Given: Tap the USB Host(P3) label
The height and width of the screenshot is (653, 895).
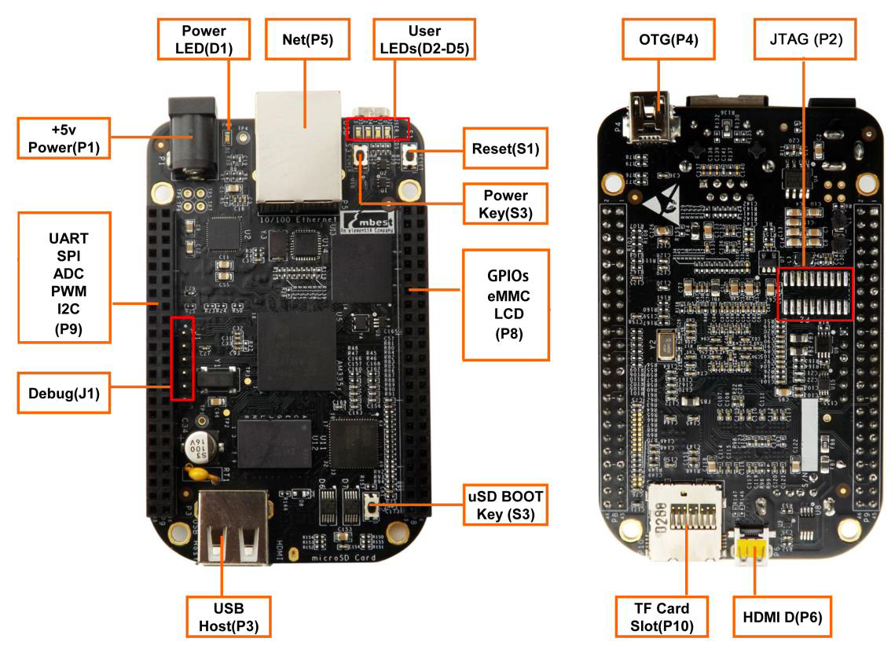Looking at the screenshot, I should [229, 617].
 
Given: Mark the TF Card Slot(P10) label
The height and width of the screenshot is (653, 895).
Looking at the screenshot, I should [661, 617].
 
